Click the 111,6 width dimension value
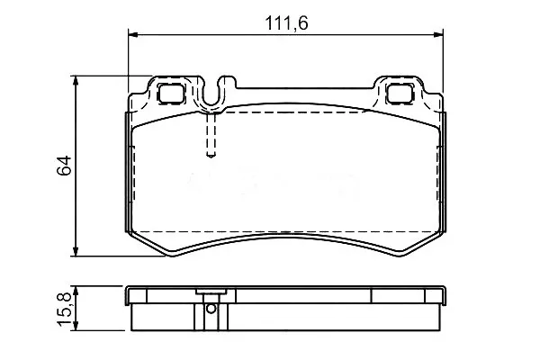point(286,23)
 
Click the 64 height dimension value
point(65,166)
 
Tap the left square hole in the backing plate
point(170,93)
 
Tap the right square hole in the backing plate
point(400,93)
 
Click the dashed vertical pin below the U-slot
point(211,135)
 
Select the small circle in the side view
point(211,309)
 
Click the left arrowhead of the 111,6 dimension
point(133,35)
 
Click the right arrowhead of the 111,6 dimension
point(438,35)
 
